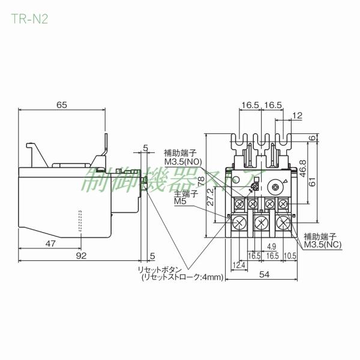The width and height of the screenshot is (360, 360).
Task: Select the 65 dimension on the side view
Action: click(61, 104)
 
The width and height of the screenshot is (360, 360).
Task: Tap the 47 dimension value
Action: click(50, 244)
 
